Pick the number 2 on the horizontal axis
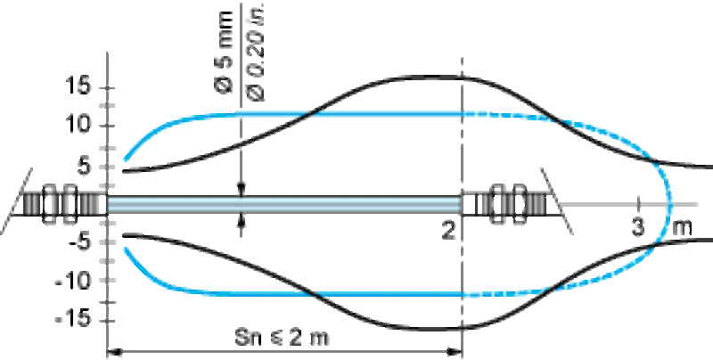pyautogui.click(x=448, y=232)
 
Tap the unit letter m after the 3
pyautogui.click(x=682, y=228)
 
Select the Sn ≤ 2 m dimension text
pyautogui.click(x=282, y=338)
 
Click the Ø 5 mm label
pyautogui.click(x=224, y=53)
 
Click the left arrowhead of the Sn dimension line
pyautogui.click(x=114, y=352)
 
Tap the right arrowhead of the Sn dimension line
pyautogui.click(x=455, y=352)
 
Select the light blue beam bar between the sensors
pyautogui.click(x=284, y=205)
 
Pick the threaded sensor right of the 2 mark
pyautogui.click(x=504, y=205)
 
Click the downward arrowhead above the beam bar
pyautogui.click(x=242, y=190)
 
